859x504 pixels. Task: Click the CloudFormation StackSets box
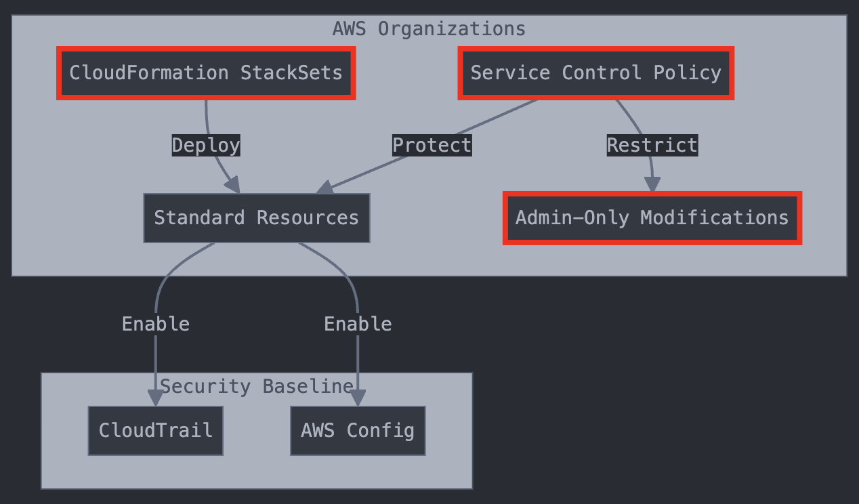point(206,73)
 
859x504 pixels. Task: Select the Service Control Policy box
point(595,73)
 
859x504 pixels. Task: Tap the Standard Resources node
point(256,218)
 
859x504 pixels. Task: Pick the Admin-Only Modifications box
point(652,218)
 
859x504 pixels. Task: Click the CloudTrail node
point(155,431)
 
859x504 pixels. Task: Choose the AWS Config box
point(358,431)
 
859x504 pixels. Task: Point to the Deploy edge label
point(206,146)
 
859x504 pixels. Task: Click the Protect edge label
point(432,146)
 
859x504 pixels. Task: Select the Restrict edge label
point(652,146)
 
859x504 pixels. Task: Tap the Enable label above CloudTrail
point(155,324)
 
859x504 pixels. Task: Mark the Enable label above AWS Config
point(358,324)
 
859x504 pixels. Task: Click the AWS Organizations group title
point(429,29)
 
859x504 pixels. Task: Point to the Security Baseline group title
point(256,387)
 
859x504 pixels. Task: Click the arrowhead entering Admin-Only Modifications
point(652,185)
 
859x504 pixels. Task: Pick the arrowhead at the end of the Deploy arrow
point(233,184)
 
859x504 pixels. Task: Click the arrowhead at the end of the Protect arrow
point(324,188)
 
